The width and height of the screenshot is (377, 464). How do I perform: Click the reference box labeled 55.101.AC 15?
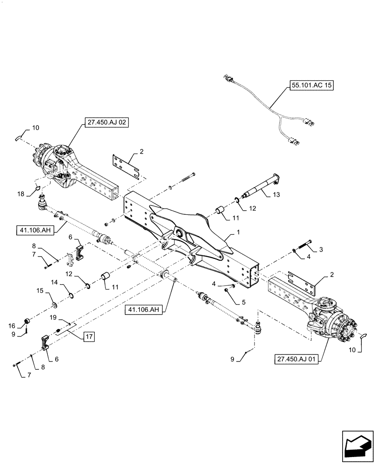coord(312,86)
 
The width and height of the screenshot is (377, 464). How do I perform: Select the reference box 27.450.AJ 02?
coord(106,123)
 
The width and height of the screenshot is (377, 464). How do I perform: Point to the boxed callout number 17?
coord(89,336)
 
